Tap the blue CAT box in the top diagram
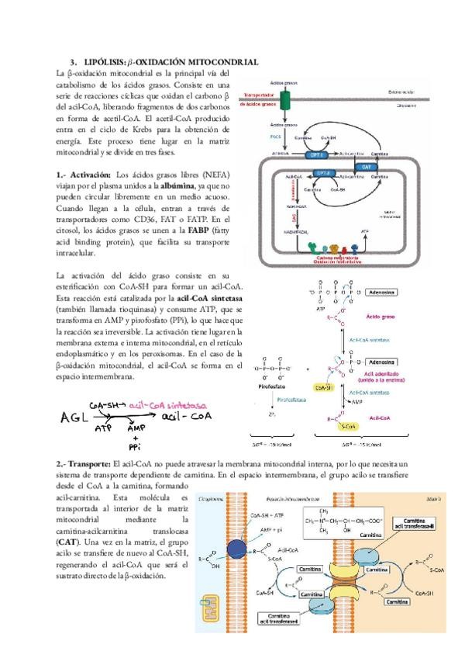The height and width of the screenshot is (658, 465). click(x=364, y=166)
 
